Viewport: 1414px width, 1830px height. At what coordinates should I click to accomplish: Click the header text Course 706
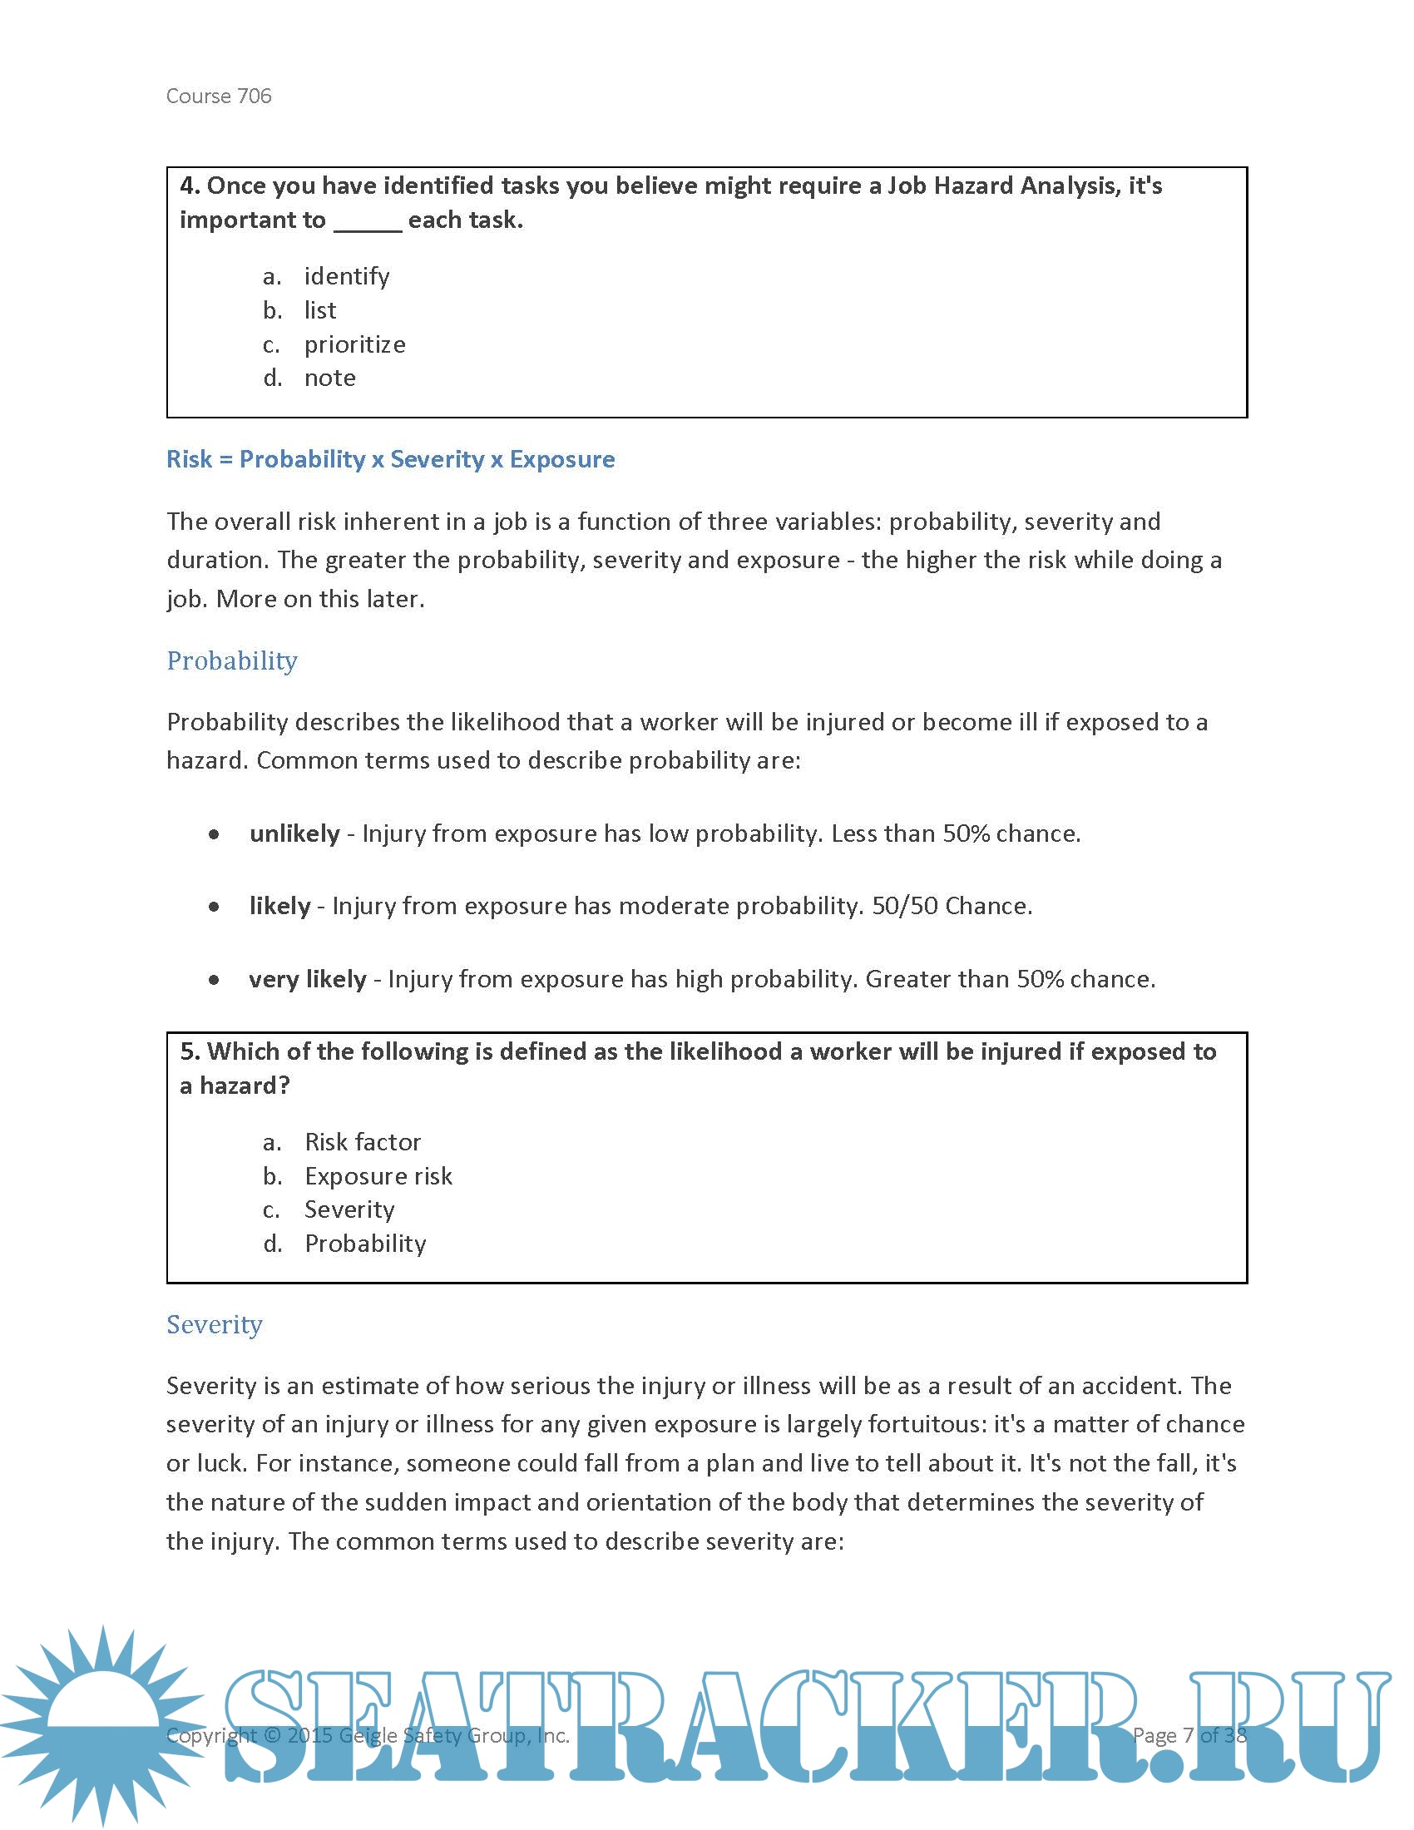tap(219, 96)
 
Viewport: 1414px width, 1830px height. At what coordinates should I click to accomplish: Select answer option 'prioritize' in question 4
tap(354, 344)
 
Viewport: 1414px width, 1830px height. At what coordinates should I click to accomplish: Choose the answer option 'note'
tap(329, 378)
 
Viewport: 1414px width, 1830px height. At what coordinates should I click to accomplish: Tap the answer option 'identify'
tap(347, 276)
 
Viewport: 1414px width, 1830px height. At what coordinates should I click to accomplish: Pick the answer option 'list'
tap(320, 311)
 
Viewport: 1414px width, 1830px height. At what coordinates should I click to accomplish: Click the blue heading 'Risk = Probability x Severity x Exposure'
tap(390, 459)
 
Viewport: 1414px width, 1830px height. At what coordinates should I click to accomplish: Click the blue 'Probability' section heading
tap(232, 661)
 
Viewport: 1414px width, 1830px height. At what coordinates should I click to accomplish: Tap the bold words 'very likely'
tap(308, 980)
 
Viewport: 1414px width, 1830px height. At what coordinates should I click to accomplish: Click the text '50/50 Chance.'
tap(952, 906)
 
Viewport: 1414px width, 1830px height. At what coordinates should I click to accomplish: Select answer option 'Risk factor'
tap(362, 1142)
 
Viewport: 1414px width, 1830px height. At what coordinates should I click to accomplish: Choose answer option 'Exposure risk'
tap(378, 1176)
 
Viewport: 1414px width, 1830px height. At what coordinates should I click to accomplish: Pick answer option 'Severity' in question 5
tap(349, 1210)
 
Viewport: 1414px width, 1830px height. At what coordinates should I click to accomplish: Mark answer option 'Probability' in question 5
tap(365, 1244)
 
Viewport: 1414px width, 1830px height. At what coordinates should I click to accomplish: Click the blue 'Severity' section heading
tap(215, 1325)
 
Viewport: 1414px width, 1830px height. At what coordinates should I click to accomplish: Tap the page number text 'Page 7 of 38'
tap(1189, 1735)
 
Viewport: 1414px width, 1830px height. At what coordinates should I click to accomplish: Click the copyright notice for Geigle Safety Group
tap(368, 1735)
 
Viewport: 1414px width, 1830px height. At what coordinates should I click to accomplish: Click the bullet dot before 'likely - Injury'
tap(215, 907)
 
